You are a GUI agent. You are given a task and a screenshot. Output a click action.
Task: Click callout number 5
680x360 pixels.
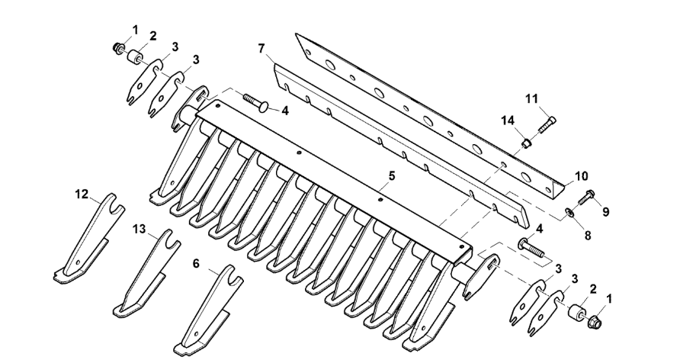pyautogui.click(x=392, y=176)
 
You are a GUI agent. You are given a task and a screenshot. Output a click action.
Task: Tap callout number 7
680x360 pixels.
pyautogui.click(x=261, y=49)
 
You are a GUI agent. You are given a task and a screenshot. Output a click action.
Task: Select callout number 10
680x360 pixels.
pyautogui.click(x=581, y=176)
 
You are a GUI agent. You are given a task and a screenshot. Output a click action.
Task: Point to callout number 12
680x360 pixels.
pyautogui.click(x=82, y=194)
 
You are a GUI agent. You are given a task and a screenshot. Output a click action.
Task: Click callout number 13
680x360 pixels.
pyautogui.click(x=140, y=229)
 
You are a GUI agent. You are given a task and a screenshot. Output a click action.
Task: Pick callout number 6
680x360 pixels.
pyautogui.click(x=196, y=263)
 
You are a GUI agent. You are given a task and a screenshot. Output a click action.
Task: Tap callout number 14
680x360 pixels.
pyautogui.click(x=509, y=121)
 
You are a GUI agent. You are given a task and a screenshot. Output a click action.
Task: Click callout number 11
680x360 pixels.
pyautogui.click(x=531, y=99)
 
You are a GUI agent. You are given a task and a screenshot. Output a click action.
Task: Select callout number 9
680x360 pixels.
pyautogui.click(x=605, y=212)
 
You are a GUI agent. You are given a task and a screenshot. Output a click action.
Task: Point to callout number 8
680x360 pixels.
pyautogui.click(x=588, y=236)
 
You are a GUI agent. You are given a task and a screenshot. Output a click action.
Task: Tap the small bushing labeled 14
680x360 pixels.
pyautogui.click(x=526, y=142)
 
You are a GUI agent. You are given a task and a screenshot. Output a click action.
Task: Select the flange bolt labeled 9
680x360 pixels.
pyautogui.click(x=586, y=198)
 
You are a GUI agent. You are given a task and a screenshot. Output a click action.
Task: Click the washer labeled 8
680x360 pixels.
pyautogui.click(x=569, y=212)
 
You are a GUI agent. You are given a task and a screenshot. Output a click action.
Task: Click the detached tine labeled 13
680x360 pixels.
pyautogui.click(x=146, y=273)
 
